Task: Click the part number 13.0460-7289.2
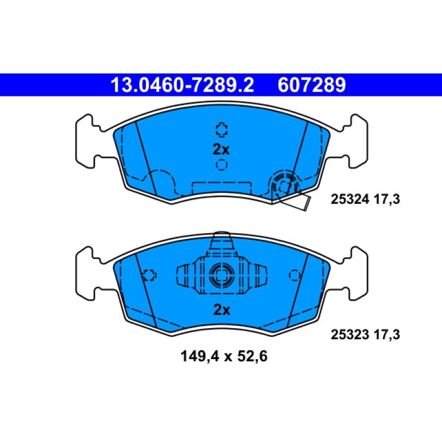click(182, 85)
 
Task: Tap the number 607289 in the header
click(312, 85)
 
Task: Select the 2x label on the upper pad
click(221, 149)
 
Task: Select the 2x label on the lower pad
click(221, 310)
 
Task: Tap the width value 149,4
click(197, 357)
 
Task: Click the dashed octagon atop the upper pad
click(221, 129)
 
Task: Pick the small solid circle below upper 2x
click(221, 164)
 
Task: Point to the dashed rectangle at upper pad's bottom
click(221, 188)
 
